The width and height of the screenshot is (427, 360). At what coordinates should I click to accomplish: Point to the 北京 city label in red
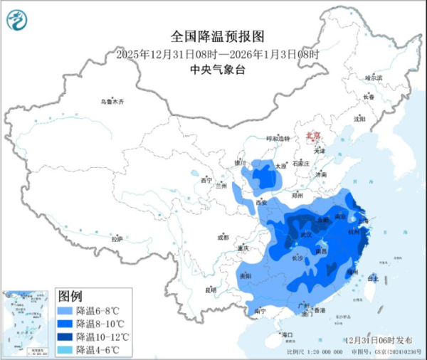coord(313,134)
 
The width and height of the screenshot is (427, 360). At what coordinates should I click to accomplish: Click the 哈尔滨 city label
coord(374,78)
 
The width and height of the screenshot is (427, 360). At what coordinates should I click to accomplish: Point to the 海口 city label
coord(288,334)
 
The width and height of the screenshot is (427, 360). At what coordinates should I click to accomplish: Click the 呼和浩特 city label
coord(278,138)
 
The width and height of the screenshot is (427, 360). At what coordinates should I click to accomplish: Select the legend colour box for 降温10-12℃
coord(65,336)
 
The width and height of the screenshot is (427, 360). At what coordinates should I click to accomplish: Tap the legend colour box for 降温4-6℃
coord(65,349)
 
